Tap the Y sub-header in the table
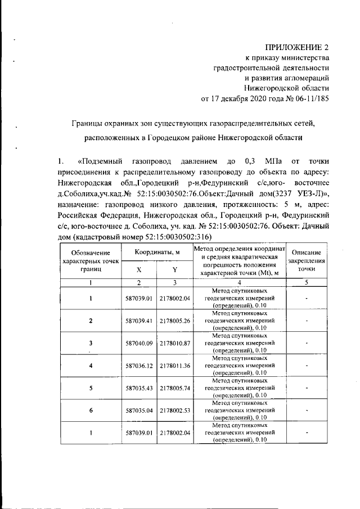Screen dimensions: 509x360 pyautogui.click(x=175, y=269)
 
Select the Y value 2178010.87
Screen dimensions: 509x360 pyautogui.click(x=175, y=343)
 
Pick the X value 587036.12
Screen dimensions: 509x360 pyautogui.click(x=140, y=365)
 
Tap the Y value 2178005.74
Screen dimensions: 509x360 pyautogui.click(x=175, y=388)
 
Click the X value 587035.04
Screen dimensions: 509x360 pyautogui.click(x=140, y=410)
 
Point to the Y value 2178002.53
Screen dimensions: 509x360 pyautogui.click(x=175, y=410)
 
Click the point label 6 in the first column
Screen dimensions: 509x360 pyautogui.click(x=91, y=410)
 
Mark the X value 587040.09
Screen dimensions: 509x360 pyautogui.click(x=140, y=343)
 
